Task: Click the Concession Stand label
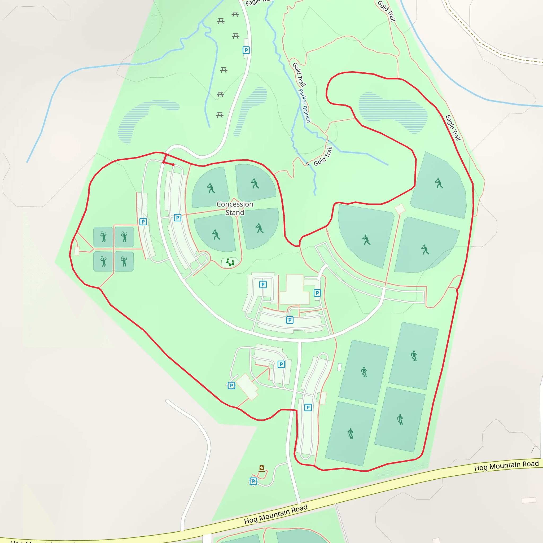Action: pyautogui.click(x=235, y=208)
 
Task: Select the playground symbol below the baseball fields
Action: pyautogui.click(x=230, y=262)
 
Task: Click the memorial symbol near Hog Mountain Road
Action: pyautogui.click(x=261, y=468)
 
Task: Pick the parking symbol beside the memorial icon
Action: pyautogui.click(x=253, y=481)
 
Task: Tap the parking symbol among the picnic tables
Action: pyautogui.click(x=246, y=50)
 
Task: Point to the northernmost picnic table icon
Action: pyautogui.click(x=235, y=14)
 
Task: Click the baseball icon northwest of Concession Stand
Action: pyautogui.click(x=211, y=188)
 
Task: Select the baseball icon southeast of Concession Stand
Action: pyautogui.click(x=259, y=228)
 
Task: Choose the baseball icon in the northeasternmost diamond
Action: pyautogui.click(x=439, y=183)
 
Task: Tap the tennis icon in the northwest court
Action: pyautogui.click(x=103, y=237)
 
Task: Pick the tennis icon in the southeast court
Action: pyautogui.click(x=124, y=261)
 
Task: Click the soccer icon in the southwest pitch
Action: pyautogui.click(x=351, y=433)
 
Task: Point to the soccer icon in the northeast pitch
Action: pyautogui.click(x=414, y=356)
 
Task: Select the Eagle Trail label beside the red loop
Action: pyautogui.click(x=453, y=128)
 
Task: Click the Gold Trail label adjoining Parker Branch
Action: pyautogui.click(x=299, y=74)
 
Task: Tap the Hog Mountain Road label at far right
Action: pyautogui.click(x=506, y=465)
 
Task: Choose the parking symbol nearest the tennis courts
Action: pyautogui.click(x=143, y=221)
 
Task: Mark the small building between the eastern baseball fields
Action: pyautogui.click(x=400, y=209)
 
